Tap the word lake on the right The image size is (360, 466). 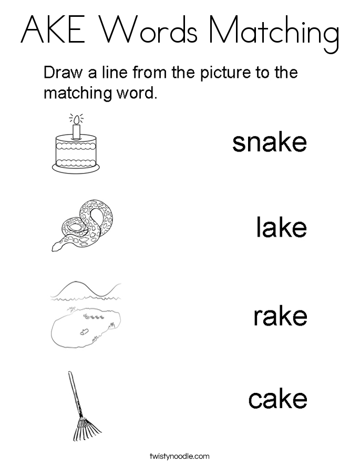(281, 227)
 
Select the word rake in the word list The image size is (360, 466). (281, 316)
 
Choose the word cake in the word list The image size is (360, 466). (277, 399)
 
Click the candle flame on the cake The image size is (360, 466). (77, 120)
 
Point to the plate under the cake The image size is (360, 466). (76, 168)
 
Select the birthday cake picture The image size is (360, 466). (76, 143)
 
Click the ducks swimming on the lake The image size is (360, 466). (95, 317)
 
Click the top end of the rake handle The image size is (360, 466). (69, 372)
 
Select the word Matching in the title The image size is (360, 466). (274, 34)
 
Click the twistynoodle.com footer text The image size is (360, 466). (180, 456)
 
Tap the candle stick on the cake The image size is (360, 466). (77, 131)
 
